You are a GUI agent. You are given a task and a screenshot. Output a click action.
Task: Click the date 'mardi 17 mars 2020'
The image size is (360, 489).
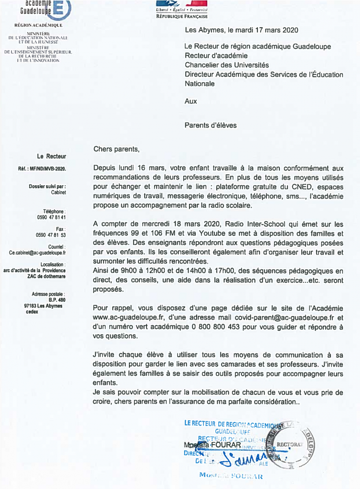(263, 30)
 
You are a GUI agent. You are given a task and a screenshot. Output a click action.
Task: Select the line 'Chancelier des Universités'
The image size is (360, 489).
(227, 65)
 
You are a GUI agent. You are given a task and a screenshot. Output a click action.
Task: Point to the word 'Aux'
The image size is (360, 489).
(191, 101)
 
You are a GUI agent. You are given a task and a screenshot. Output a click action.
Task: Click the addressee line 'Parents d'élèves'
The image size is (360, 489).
(211, 126)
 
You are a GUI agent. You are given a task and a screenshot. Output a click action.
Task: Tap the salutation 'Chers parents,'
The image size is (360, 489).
(116, 149)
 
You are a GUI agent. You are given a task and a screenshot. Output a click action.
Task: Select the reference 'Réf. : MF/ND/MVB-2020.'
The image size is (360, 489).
(42, 169)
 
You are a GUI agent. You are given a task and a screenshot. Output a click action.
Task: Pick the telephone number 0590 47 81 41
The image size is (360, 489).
(51, 217)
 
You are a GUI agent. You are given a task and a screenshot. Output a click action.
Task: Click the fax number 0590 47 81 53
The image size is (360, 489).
(51, 235)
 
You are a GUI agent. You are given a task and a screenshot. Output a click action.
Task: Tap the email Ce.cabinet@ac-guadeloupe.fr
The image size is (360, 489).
(37, 253)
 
